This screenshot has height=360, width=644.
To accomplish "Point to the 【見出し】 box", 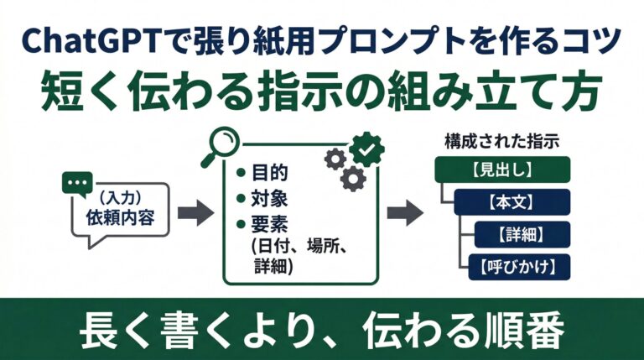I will click(x=502, y=170).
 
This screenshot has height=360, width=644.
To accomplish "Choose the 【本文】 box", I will click(x=512, y=202).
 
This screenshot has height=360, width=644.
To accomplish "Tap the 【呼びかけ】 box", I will click(x=522, y=266).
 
